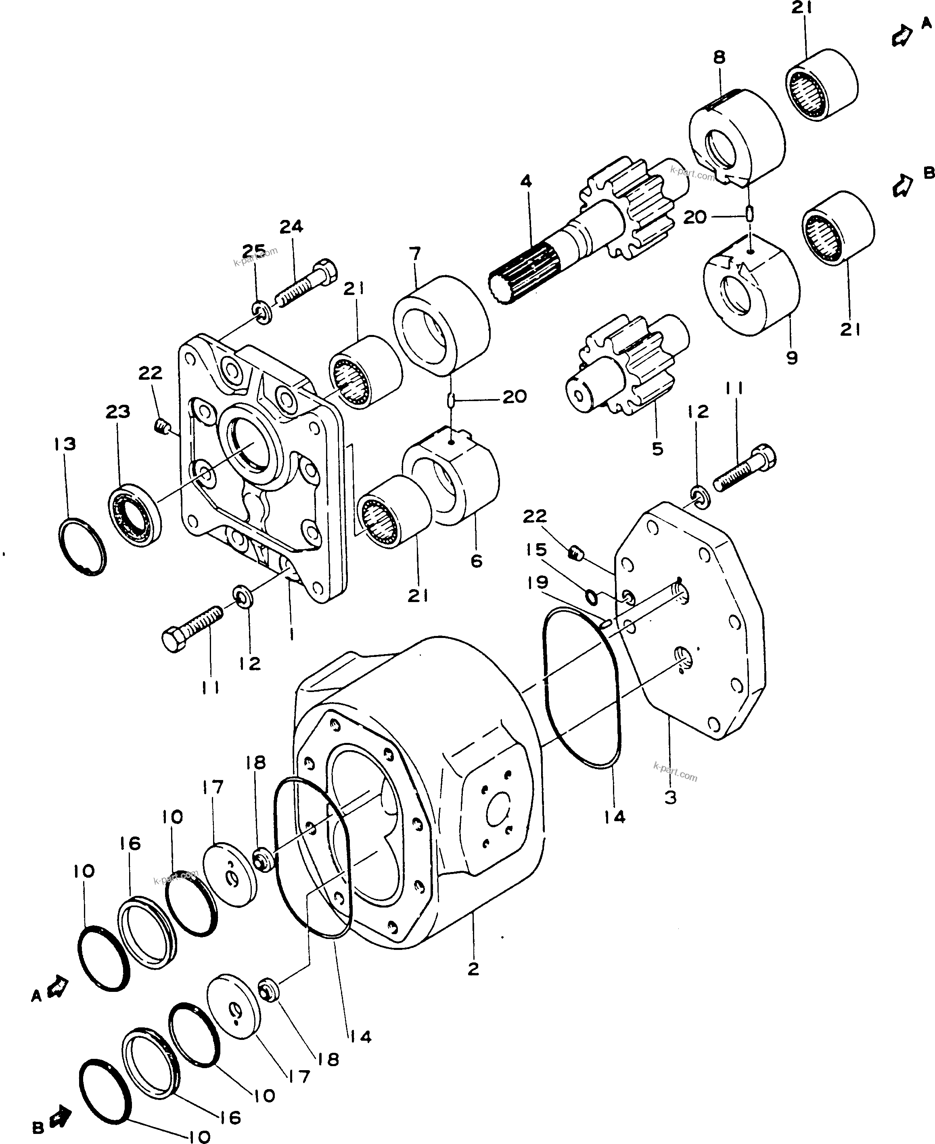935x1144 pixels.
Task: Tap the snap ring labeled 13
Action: (82, 546)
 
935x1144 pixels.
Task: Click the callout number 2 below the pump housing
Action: (473, 969)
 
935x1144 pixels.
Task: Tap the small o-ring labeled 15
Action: (591, 596)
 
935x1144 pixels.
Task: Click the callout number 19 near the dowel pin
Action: (538, 582)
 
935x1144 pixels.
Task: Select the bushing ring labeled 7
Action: (441, 325)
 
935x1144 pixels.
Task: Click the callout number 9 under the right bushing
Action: (791, 358)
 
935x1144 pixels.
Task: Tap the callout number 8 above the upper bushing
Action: (720, 57)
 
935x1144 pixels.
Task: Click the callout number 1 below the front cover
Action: (291, 635)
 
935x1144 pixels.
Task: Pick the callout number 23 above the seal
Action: (118, 412)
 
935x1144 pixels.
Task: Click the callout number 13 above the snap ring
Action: (65, 444)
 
